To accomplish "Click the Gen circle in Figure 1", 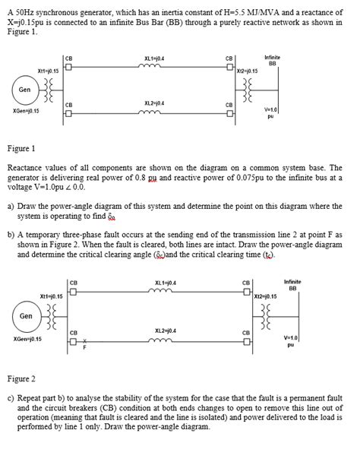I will click(x=25, y=89).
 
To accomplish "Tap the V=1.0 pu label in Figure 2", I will click(x=290, y=340).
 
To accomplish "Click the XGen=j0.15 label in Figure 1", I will click(x=27, y=111).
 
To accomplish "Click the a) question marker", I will click(x=10, y=206).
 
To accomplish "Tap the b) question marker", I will click(x=10, y=236).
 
